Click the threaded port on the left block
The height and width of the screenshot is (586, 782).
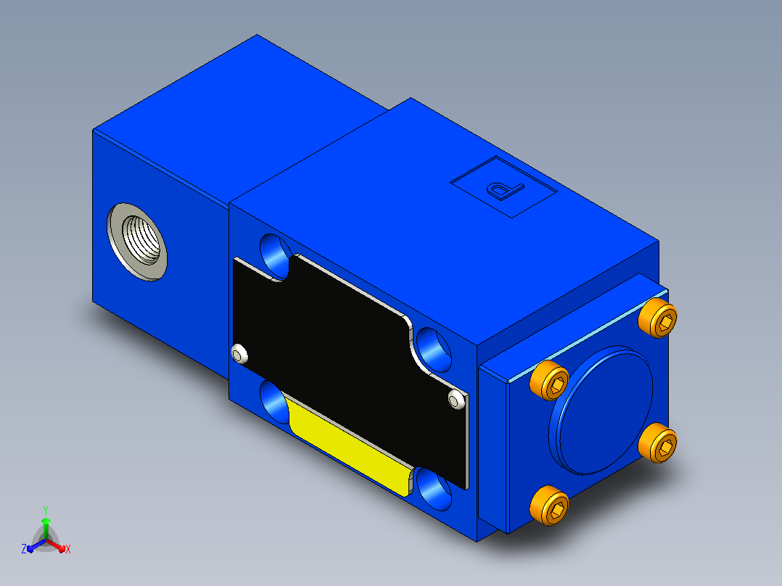(137, 242)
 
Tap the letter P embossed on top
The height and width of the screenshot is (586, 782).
(505, 189)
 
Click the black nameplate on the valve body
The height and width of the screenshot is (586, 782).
(349, 369)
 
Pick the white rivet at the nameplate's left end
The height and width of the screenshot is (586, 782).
(240, 353)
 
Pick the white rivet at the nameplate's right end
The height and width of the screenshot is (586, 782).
(457, 400)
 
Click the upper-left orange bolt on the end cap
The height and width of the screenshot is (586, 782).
(549, 380)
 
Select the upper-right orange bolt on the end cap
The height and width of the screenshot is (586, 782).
(658, 318)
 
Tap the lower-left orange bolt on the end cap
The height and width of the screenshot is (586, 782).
(549, 505)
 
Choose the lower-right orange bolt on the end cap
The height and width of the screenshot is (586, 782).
(658, 443)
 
